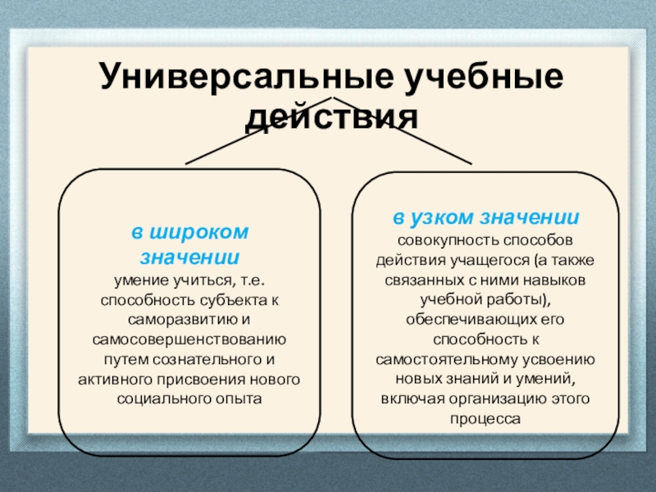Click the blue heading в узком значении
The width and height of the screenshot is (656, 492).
pyautogui.click(x=486, y=218)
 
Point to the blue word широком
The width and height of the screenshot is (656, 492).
pyautogui.click(x=211, y=232)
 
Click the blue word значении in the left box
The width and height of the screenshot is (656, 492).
pyautogui.click(x=189, y=256)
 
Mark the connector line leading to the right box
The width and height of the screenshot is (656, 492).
pyautogui.click(x=418, y=136)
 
